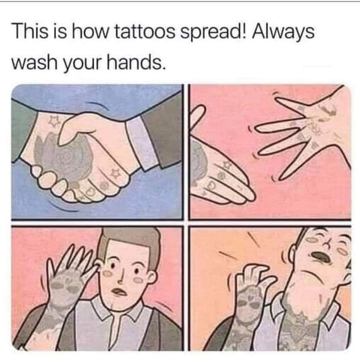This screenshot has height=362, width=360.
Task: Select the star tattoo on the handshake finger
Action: pos(115,173)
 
